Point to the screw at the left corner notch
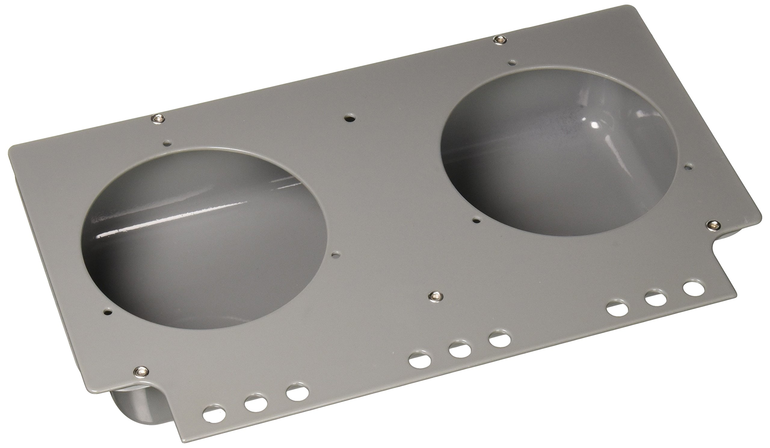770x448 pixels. pyautogui.click(x=141, y=371)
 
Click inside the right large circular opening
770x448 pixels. pyautogui.click(x=556, y=153)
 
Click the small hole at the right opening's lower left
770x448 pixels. pyautogui.click(x=476, y=219)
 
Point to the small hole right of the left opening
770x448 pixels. pyautogui.click(x=336, y=253)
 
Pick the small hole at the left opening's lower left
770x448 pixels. pyautogui.click(x=107, y=312)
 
